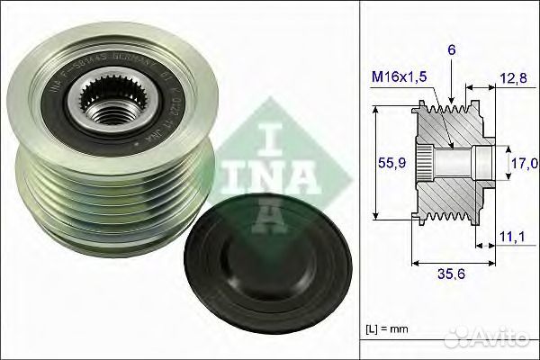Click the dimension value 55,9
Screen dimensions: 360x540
click(x=388, y=162)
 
